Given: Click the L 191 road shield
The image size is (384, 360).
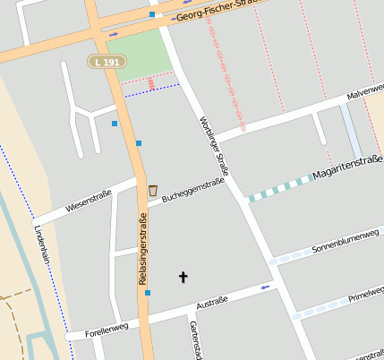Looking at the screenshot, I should click(107, 61).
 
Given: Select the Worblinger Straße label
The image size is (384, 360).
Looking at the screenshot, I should click(215, 146).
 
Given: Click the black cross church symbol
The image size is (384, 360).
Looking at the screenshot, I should click(183, 278).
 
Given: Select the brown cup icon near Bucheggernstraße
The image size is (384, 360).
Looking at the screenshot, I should click(153, 190).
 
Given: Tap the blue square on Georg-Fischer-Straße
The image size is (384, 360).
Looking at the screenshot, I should click(152, 15).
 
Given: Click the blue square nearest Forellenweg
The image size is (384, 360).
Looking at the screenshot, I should click(148, 292).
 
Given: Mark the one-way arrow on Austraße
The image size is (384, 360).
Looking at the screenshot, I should click(264, 287).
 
